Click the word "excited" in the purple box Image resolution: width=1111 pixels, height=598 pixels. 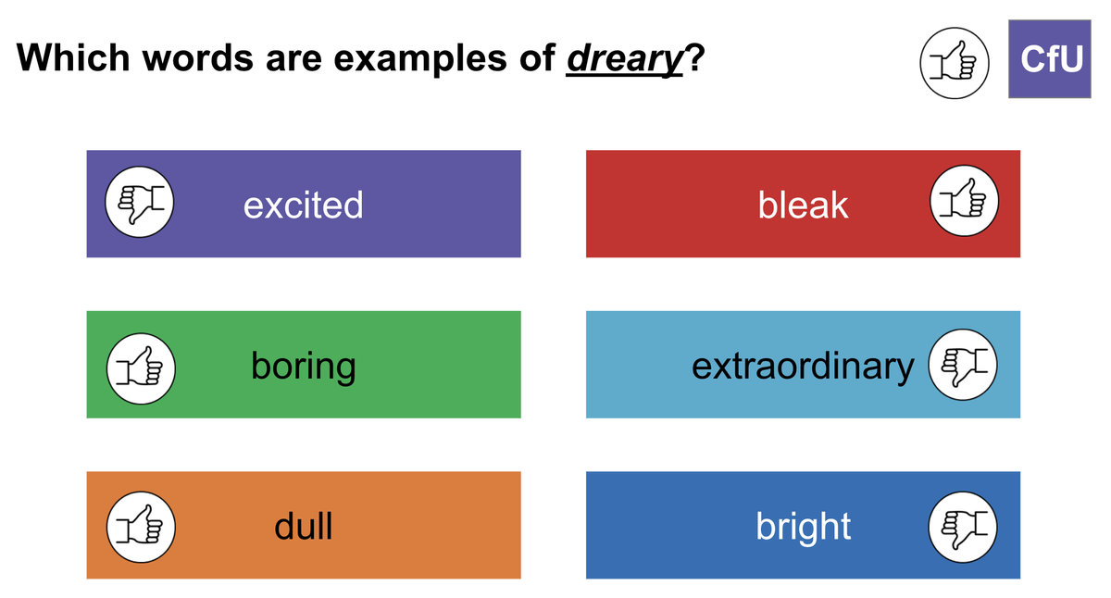303,205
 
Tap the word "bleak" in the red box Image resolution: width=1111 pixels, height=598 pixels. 803,205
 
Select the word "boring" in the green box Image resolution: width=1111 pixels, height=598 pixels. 303,367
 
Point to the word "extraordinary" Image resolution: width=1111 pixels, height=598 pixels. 803,367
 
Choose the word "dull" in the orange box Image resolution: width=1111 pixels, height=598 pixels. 303,526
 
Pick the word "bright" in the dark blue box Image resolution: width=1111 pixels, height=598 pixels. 803,527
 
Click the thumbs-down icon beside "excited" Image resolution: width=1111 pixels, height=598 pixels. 140,202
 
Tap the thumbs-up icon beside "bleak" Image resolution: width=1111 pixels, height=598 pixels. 964,201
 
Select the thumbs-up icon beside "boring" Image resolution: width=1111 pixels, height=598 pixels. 141,368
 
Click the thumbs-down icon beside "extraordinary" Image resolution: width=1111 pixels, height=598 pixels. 963,365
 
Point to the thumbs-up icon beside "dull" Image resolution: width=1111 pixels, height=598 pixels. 141,527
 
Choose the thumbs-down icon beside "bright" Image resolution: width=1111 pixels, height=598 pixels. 963,527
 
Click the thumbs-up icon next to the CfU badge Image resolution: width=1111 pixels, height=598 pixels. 955,63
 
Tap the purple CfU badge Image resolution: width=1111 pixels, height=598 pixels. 1050,59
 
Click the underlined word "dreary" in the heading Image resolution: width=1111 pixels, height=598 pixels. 624,59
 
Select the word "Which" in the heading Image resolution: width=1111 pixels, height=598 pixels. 73,57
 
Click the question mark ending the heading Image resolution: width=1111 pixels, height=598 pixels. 694,57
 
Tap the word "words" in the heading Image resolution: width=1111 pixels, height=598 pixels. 198,57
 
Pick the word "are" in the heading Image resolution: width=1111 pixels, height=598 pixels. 293,61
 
